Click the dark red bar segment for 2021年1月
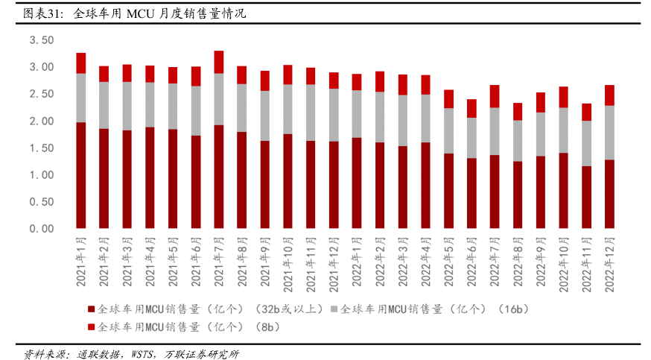click(80, 175)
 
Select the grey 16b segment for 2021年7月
click(218, 99)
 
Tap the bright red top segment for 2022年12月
click(609, 95)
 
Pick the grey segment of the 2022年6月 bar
click(471, 138)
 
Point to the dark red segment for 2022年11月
click(585, 197)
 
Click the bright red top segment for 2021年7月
click(218, 62)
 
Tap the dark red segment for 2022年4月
click(425, 185)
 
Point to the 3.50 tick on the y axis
click(42, 40)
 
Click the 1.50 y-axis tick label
click(42, 148)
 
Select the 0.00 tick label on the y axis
click(42, 229)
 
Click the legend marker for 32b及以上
click(91, 309)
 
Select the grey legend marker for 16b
click(334, 309)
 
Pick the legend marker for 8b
click(91, 326)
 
